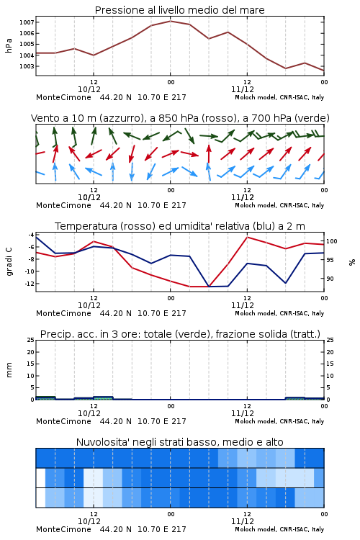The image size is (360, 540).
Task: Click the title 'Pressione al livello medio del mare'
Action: (x=179, y=10)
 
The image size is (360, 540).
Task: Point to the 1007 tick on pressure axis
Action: (x=27, y=22)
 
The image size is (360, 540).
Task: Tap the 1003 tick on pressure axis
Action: (x=27, y=66)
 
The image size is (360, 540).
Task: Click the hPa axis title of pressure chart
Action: (x=9, y=45)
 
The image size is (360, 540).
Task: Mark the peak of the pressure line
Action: (x=171, y=21)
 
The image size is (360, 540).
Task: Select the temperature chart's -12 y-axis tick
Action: (x=30, y=284)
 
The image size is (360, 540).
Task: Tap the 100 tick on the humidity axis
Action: (x=331, y=241)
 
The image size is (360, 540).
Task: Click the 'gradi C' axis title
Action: (x=9, y=261)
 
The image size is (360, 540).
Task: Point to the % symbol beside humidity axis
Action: (x=352, y=262)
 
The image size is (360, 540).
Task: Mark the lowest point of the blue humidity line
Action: (x=209, y=287)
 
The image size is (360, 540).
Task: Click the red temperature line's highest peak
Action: (x=248, y=237)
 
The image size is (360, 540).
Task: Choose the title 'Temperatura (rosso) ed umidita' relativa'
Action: (x=152, y=226)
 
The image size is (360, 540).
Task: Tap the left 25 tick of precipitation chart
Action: (x=31, y=340)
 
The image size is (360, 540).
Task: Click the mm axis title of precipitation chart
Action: (x=9, y=370)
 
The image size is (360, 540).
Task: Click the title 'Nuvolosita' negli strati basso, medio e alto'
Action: (x=179, y=442)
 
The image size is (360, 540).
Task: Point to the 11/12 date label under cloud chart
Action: (x=243, y=521)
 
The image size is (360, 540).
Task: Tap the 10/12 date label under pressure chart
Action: (x=89, y=89)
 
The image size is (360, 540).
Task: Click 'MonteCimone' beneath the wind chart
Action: (x=64, y=205)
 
